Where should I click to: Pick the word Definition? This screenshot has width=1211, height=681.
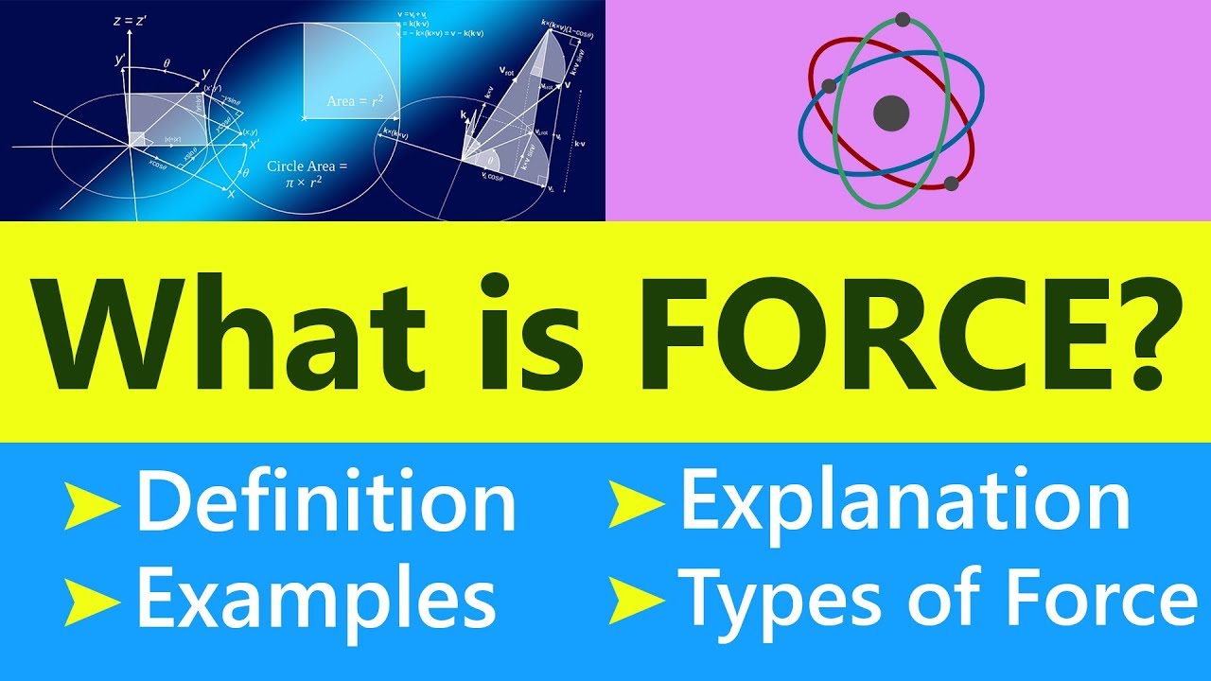[x=326, y=503]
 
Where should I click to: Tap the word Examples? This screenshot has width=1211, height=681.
[x=316, y=598]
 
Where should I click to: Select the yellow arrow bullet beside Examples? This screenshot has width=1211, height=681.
[x=92, y=598]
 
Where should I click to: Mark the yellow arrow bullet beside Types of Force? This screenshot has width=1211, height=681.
[x=636, y=598]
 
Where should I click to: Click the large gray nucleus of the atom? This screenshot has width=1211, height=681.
[x=890, y=113]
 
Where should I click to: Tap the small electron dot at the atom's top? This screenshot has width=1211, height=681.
[x=903, y=19]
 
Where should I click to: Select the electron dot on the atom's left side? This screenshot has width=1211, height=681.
[x=830, y=86]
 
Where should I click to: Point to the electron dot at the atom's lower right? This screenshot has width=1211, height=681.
[x=952, y=183]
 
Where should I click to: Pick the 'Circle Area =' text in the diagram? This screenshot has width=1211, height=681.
[x=307, y=166]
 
